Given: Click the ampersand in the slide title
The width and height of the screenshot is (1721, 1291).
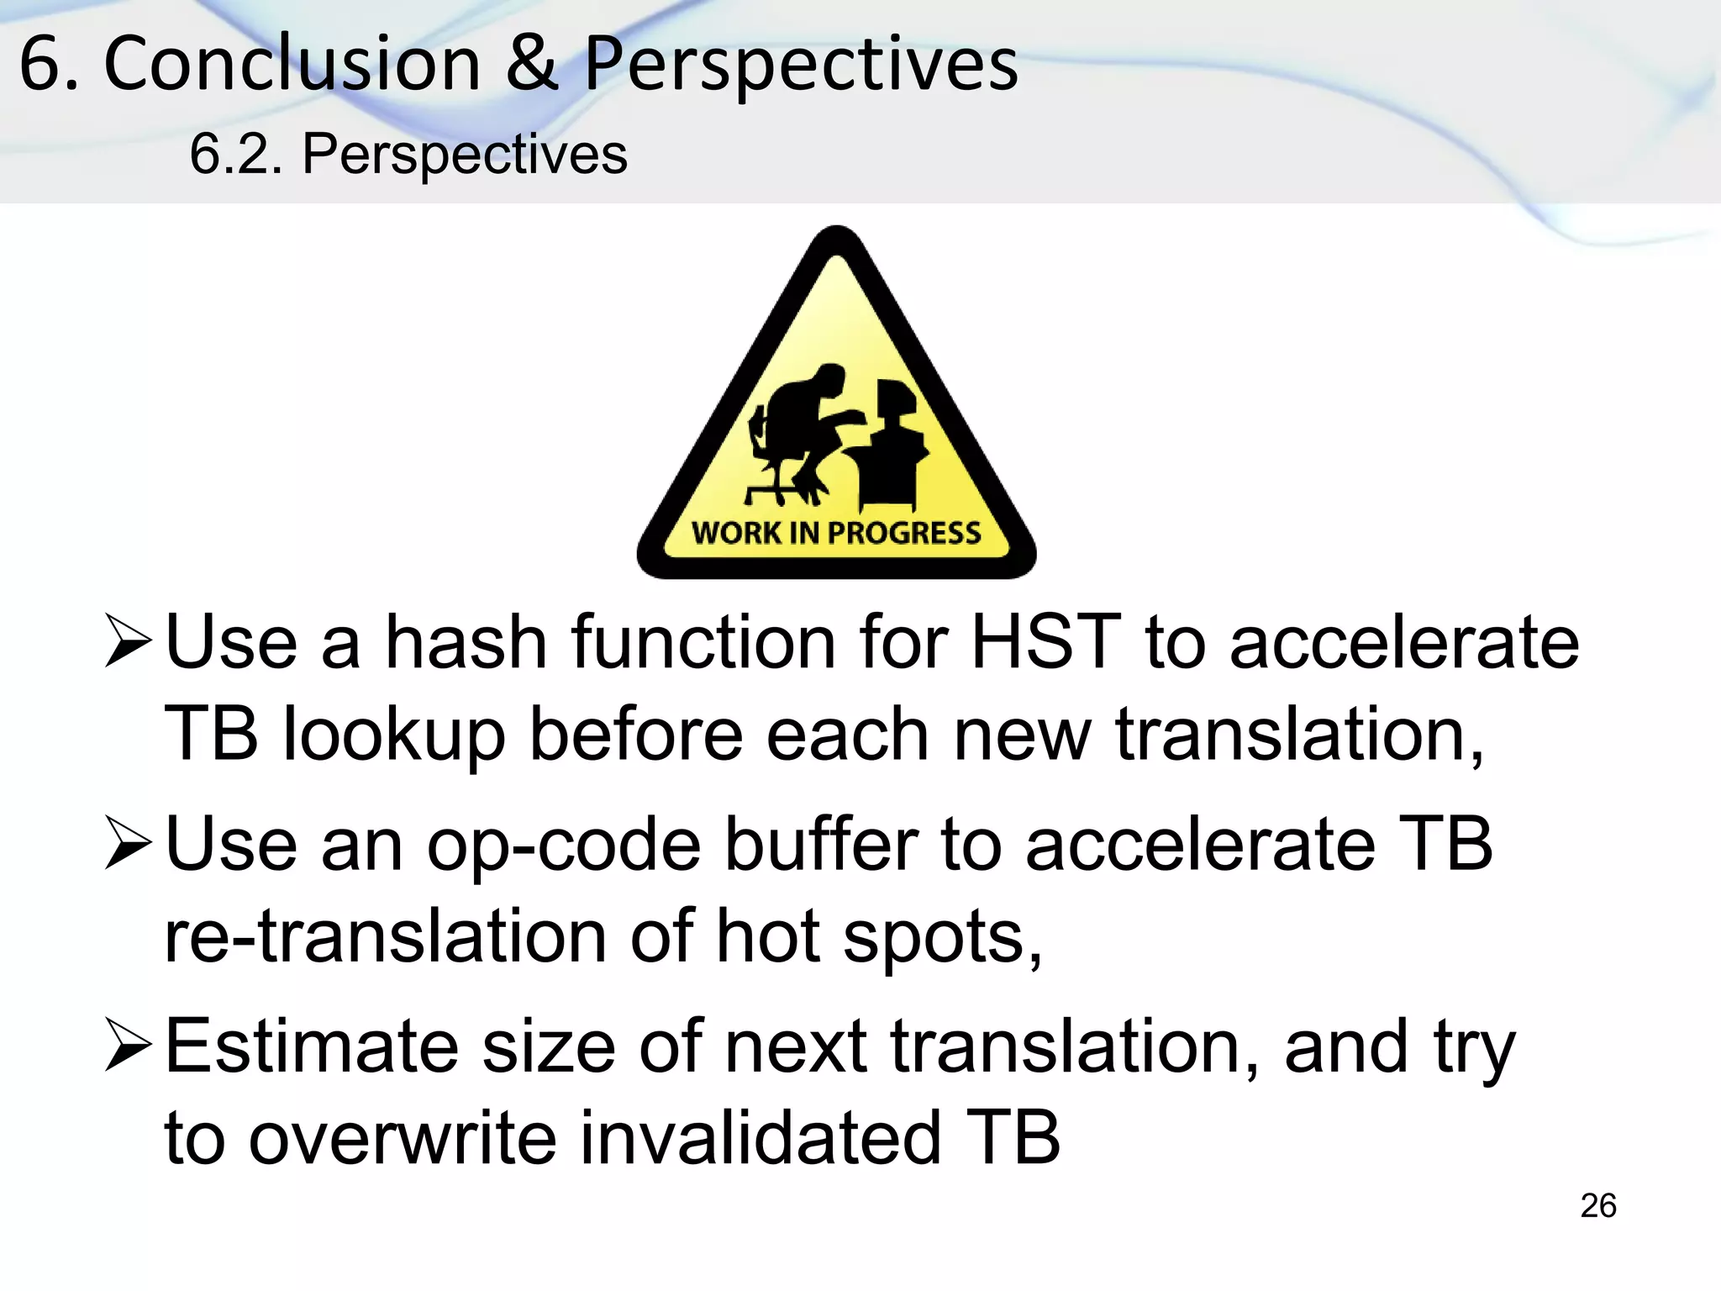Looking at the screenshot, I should (531, 65).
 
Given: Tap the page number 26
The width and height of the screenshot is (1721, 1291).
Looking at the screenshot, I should (1597, 1205).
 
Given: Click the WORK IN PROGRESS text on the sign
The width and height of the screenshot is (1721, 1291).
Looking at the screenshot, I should (836, 533).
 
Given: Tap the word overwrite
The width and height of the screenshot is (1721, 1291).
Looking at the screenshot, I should (403, 1139).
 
